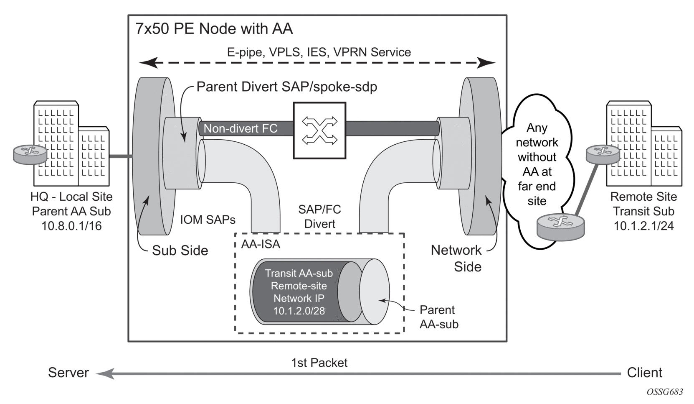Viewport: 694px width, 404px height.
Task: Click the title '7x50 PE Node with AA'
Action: point(214,29)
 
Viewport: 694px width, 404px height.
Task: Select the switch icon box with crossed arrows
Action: point(319,130)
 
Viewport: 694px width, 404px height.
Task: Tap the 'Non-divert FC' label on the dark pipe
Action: point(241,128)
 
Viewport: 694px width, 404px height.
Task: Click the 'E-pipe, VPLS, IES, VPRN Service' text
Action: point(319,52)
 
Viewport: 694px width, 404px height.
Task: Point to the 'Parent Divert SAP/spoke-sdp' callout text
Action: point(286,87)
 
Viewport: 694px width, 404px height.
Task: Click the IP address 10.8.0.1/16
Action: point(71,226)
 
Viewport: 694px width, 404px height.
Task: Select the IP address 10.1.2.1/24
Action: point(643,226)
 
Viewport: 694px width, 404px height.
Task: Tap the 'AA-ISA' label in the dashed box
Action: point(261,244)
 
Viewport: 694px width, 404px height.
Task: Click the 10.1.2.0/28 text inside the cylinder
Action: point(299,311)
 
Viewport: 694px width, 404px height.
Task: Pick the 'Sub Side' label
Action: point(180,251)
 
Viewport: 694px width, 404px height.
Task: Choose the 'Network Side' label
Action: point(456,258)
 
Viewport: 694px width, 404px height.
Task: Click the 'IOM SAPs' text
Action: point(208,220)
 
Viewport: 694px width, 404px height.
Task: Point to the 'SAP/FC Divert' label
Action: point(319,217)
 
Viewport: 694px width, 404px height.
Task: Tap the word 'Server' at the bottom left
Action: point(68,373)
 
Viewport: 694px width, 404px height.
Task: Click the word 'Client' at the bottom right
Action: point(645,373)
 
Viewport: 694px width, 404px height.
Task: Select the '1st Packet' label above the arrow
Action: point(319,363)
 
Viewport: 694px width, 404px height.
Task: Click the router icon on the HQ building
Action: point(30,155)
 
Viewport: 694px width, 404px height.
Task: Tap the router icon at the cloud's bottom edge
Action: point(560,226)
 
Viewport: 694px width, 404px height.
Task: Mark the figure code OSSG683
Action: point(665,392)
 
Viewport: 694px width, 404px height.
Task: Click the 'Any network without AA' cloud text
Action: point(537,164)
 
